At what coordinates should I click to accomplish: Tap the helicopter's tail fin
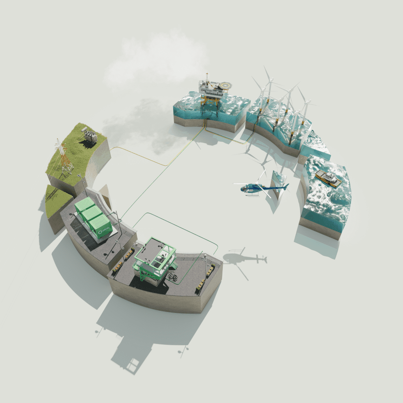tap(286, 186)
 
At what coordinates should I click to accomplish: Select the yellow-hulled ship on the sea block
tap(328, 179)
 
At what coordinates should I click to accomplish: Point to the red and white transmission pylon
tap(63, 157)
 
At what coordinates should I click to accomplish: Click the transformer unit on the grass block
tap(90, 136)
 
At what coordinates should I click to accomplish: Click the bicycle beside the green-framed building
tap(172, 277)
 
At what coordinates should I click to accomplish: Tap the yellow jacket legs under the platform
tap(211, 103)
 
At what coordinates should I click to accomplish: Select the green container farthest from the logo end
tap(84, 205)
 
